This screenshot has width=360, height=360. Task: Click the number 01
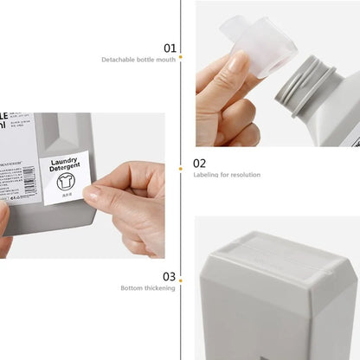click(x=170, y=48)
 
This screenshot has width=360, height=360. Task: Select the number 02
click(x=199, y=162)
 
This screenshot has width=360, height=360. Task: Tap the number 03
click(x=170, y=276)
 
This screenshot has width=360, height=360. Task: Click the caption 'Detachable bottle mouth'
click(x=138, y=60)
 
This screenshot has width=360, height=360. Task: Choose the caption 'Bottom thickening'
click(x=148, y=288)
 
